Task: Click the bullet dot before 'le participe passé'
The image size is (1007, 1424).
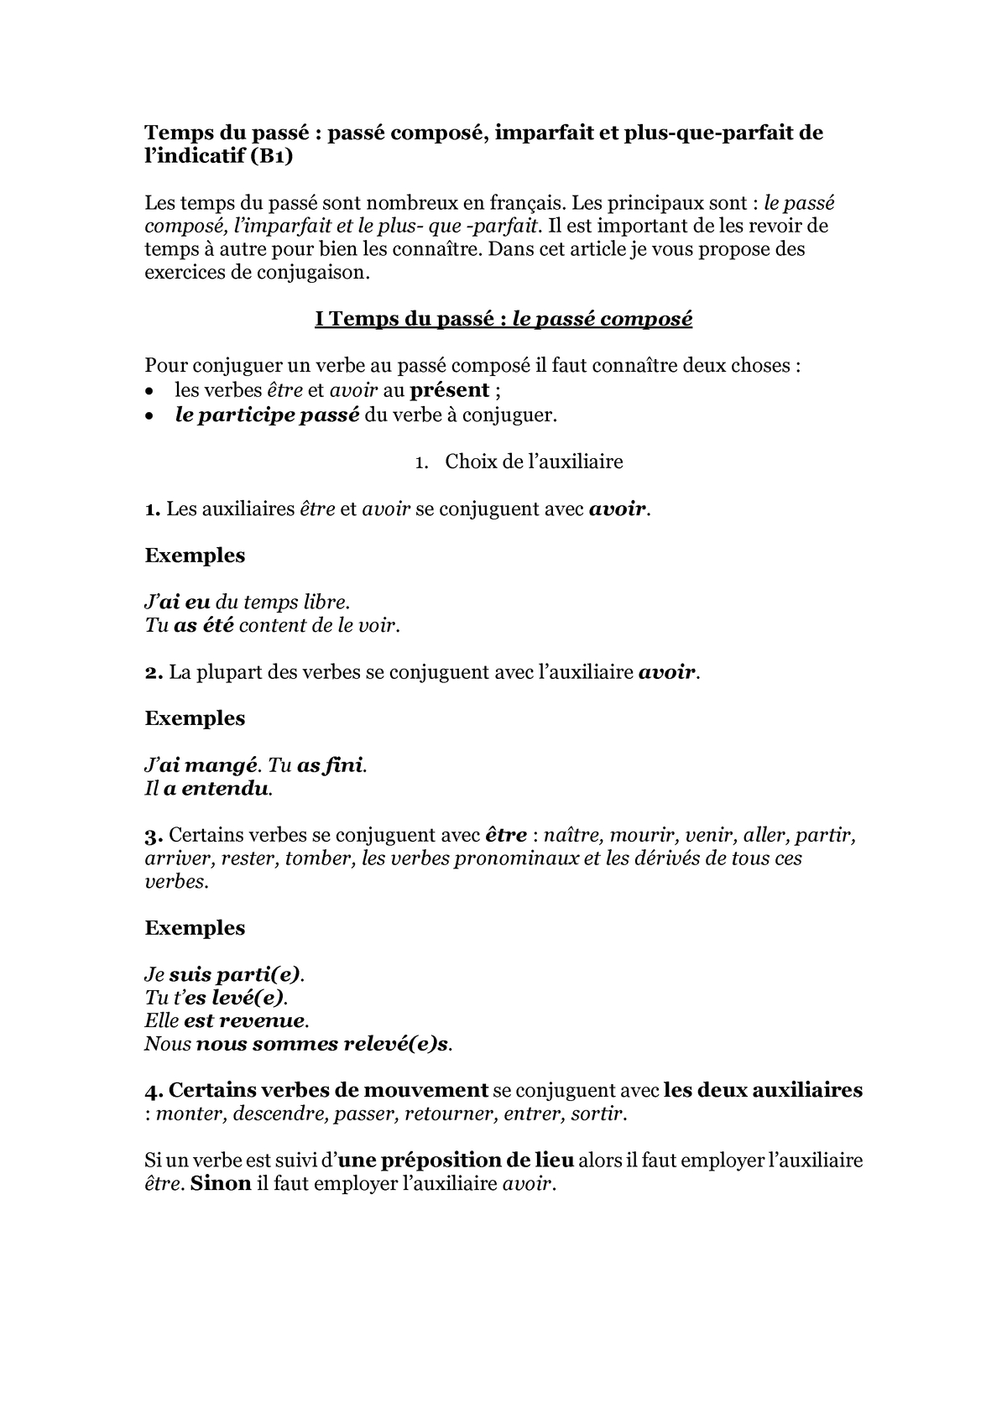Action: click(149, 415)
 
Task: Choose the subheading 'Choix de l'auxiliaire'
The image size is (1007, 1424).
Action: click(534, 462)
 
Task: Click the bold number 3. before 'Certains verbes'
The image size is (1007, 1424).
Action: click(153, 836)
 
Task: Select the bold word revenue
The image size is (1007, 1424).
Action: click(263, 1021)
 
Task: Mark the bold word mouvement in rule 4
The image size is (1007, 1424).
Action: click(431, 1091)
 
